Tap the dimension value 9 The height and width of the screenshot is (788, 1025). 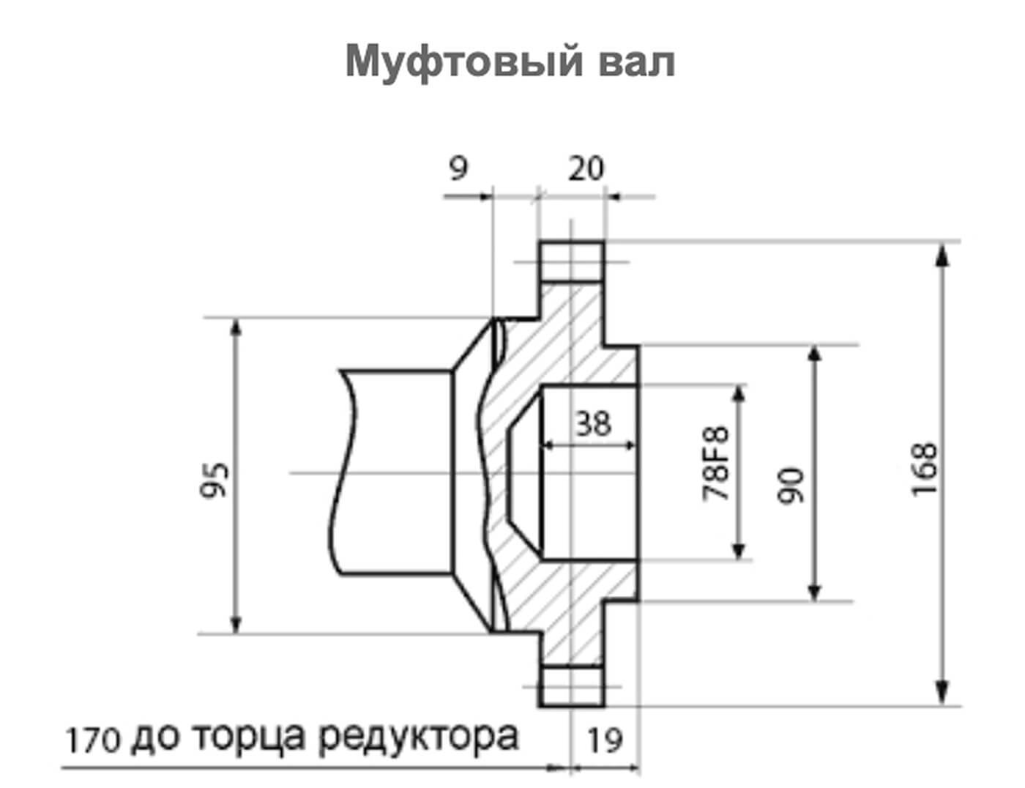pos(458,168)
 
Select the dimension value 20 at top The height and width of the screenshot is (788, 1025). pos(586,168)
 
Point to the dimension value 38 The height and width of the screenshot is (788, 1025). pos(593,423)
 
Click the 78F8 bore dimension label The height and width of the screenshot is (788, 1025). pos(717,464)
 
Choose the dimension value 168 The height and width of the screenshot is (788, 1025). pos(924,469)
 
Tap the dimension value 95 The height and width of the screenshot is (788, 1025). pos(216,480)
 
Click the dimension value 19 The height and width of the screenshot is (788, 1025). pos(605,741)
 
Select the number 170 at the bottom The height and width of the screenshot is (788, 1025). pos(92,740)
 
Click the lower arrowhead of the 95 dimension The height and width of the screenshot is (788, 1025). pos(236,623)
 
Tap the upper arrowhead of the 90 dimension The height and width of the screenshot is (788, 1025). pos(813,356)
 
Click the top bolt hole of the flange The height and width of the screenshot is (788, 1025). pos(572,263)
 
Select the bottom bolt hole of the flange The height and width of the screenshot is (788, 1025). pos(572,686)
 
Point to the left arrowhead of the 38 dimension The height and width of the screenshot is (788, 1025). pos(547,445)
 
